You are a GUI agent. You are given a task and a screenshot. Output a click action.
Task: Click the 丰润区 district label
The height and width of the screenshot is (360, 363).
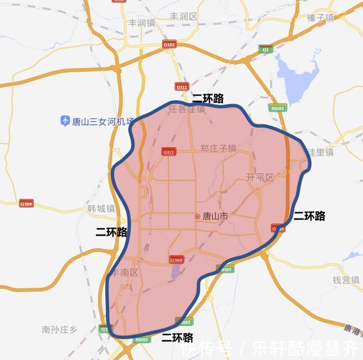pyautogui.click(x=184, y=16)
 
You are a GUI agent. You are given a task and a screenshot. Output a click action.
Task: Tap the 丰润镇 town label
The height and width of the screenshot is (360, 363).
pyautogui.click(x=141, y=23)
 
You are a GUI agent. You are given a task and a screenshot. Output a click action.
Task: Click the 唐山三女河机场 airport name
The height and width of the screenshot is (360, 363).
pyautogui.click(x=102, y=121)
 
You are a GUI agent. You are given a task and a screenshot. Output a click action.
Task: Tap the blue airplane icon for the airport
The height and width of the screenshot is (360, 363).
pyautogui.click(x=65, y=121)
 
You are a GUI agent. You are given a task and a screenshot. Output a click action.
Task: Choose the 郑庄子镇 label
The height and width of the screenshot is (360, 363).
pyautogui.click(x=218, y=148)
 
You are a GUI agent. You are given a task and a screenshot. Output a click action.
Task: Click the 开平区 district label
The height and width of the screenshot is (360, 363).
pyautogui.click(x=260, y=177)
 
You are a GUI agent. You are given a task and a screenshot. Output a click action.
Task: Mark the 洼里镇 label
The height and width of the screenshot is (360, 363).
pyautogui.click(x=322, y=152)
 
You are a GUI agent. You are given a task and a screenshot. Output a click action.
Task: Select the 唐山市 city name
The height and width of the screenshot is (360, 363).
pyautogui.click(x=215, y=216)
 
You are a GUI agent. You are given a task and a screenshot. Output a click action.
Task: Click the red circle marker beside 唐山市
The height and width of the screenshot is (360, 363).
pyautogui.click(x=197, y=216)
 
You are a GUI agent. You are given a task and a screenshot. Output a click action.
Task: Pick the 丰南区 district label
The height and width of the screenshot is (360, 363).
pyautogui.click(x=124, y=273)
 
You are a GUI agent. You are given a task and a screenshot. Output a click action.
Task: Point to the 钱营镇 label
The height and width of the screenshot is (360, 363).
pyautogui.click(x=346, y=280)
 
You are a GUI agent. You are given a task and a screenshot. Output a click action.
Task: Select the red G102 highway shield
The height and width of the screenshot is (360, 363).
pyautogui.click(x=169, y=44)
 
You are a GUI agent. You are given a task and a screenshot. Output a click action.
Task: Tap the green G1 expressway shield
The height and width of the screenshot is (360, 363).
pyautogui.click(x=265, y=49)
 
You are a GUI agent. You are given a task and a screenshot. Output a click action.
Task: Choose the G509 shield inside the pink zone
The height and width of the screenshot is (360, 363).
pyautogui.click(x=176, y=259)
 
